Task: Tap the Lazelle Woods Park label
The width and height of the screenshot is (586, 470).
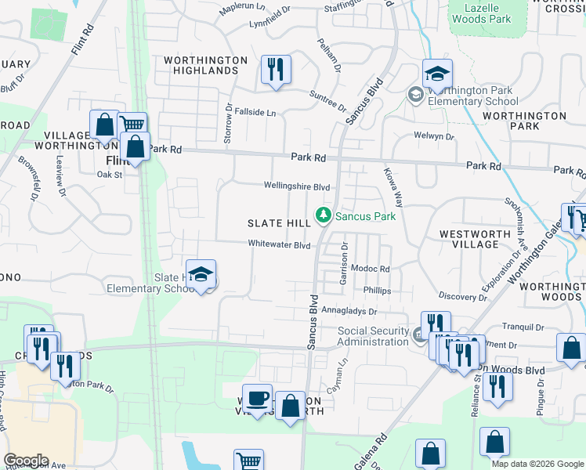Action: point(482,13)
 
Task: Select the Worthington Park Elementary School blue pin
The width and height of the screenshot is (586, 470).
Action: point(437,75)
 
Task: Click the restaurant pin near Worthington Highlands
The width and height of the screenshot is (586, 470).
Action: point(275,70)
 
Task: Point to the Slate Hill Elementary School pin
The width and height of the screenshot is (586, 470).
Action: point(201,276)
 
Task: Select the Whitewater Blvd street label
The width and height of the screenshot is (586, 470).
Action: point(280,244)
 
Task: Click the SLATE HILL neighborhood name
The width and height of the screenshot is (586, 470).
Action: point(280,223)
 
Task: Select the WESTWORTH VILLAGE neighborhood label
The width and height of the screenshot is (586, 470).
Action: point(469,239)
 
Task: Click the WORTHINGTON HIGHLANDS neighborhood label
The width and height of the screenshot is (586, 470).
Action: point(205,65)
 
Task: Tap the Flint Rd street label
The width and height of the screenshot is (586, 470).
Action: point(81,39)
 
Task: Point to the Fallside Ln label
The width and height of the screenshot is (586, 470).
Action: point(255,113)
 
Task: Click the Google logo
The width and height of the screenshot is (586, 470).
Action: point(26,461)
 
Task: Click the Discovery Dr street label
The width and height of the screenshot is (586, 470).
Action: point(463,297)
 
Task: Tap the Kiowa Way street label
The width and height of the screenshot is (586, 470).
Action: point(393,185)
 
